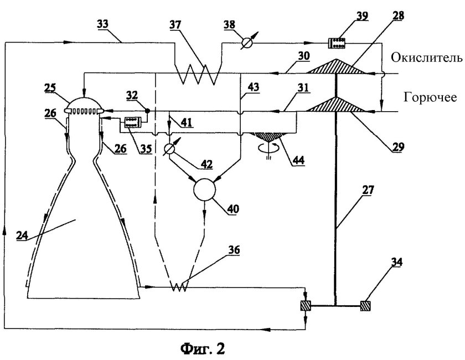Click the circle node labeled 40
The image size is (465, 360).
click(x=205, y=190)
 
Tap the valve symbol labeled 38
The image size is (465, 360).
click(x=246, y=43)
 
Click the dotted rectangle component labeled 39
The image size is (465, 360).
click(x=337, y=43)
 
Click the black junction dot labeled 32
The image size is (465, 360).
click(x=147, y=111)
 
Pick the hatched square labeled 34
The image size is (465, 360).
click(x=365, y=305)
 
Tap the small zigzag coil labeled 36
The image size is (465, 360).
click(x=180, y=286)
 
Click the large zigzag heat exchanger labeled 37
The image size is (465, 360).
click(x=197, y=71)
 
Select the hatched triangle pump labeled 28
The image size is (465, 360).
click(x=336, y=66)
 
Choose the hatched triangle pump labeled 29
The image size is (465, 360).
click(x=336, y=105)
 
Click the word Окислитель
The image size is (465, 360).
click(x=427, y=58)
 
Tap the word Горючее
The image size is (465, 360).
click(x=430, y=97)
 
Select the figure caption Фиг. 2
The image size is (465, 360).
click(x=203, y=348)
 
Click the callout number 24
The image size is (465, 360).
click(x=22, y=235)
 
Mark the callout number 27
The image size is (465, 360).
click(x=368, y=190)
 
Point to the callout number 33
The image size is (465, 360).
click(x=102, y=24)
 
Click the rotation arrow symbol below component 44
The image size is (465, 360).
click(x=268, y=146)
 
